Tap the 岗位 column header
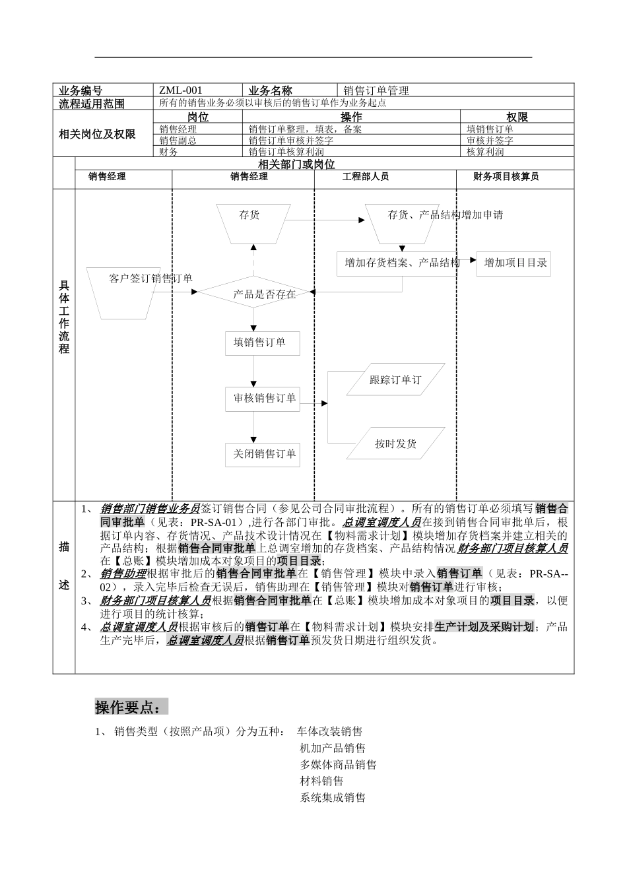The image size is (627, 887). (x=198, y=117)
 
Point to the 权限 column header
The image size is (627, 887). (x=517, y=117)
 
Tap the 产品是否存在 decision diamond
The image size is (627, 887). (x=254, y=294)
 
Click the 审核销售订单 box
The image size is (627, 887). (x=263, y=398)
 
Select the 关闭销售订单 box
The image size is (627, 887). (x=263, y=453)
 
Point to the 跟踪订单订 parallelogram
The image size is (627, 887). (x=395, y=379)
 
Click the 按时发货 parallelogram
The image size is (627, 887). (x=395, y=443)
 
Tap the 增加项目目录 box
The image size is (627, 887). (x=513, y=263)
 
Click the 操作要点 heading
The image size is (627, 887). (x=131, y=707)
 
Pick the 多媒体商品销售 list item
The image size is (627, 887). (x=338, y=764)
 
